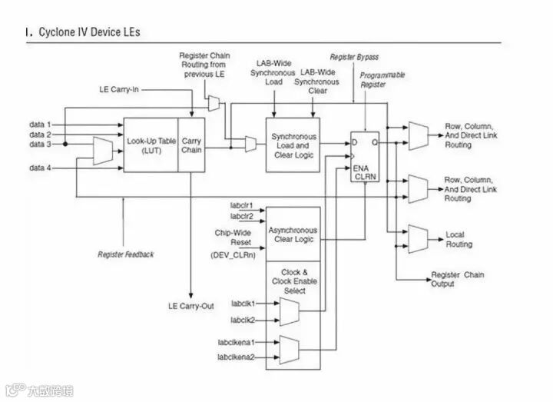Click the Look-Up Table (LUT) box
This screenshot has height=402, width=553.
(x=151, y=145)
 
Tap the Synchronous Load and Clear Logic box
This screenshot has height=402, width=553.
(x=293, y=145)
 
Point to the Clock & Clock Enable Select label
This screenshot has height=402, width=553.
(x=293, y=281)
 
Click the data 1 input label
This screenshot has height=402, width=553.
(x=41, y=124)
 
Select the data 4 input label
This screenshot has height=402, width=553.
(x=41, y=167)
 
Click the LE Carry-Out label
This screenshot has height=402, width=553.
(x=191, y=306)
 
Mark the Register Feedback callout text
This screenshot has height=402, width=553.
(x=126, y=254)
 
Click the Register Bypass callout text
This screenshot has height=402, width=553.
(x=354, y=58)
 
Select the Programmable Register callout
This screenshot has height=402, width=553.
(x=382, y=80)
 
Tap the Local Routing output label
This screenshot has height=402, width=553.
(x=459, y=239)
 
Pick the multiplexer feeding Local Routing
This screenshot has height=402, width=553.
(x=418, y=238)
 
